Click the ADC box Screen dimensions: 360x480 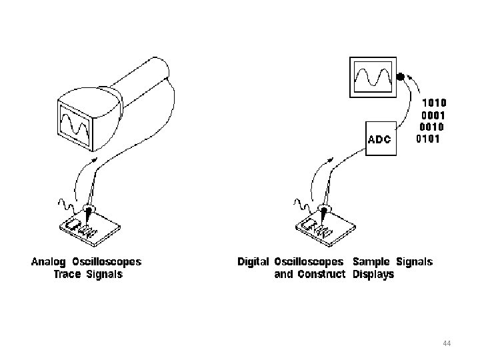[x=381, y=139]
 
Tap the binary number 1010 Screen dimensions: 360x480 [x=435, y=103]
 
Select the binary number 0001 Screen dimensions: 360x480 [x=433, y=115]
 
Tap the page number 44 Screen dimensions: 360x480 [x=447, y=343]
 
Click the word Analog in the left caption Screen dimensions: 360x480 [x=48, y=262]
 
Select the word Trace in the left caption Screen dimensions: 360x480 [x=69, y=274]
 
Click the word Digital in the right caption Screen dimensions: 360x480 [x=253, y=262]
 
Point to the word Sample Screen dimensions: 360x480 [x=371, y=262]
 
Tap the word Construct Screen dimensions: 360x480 [x=321, y=274]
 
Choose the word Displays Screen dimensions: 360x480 [x=373, y=274]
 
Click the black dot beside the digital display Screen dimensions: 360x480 [x=400, y=77]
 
